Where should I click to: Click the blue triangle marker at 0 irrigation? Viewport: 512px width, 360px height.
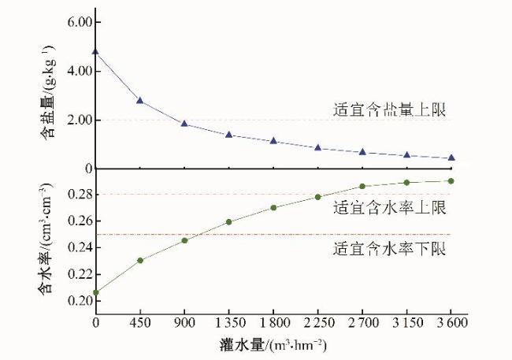point(95,52)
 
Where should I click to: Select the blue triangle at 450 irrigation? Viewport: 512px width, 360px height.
point(139,101)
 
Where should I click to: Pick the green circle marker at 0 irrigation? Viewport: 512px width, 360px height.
point(95,292)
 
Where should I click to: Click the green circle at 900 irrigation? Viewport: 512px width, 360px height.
point(184,240)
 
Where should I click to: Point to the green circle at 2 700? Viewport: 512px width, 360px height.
point(362,186)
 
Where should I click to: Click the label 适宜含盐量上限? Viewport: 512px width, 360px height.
point(389,110)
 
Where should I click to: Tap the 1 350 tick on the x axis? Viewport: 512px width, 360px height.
point(228,322)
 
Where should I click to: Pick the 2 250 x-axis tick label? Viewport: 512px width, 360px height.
point(317,322)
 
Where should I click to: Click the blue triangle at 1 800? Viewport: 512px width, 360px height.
point(273,141)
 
